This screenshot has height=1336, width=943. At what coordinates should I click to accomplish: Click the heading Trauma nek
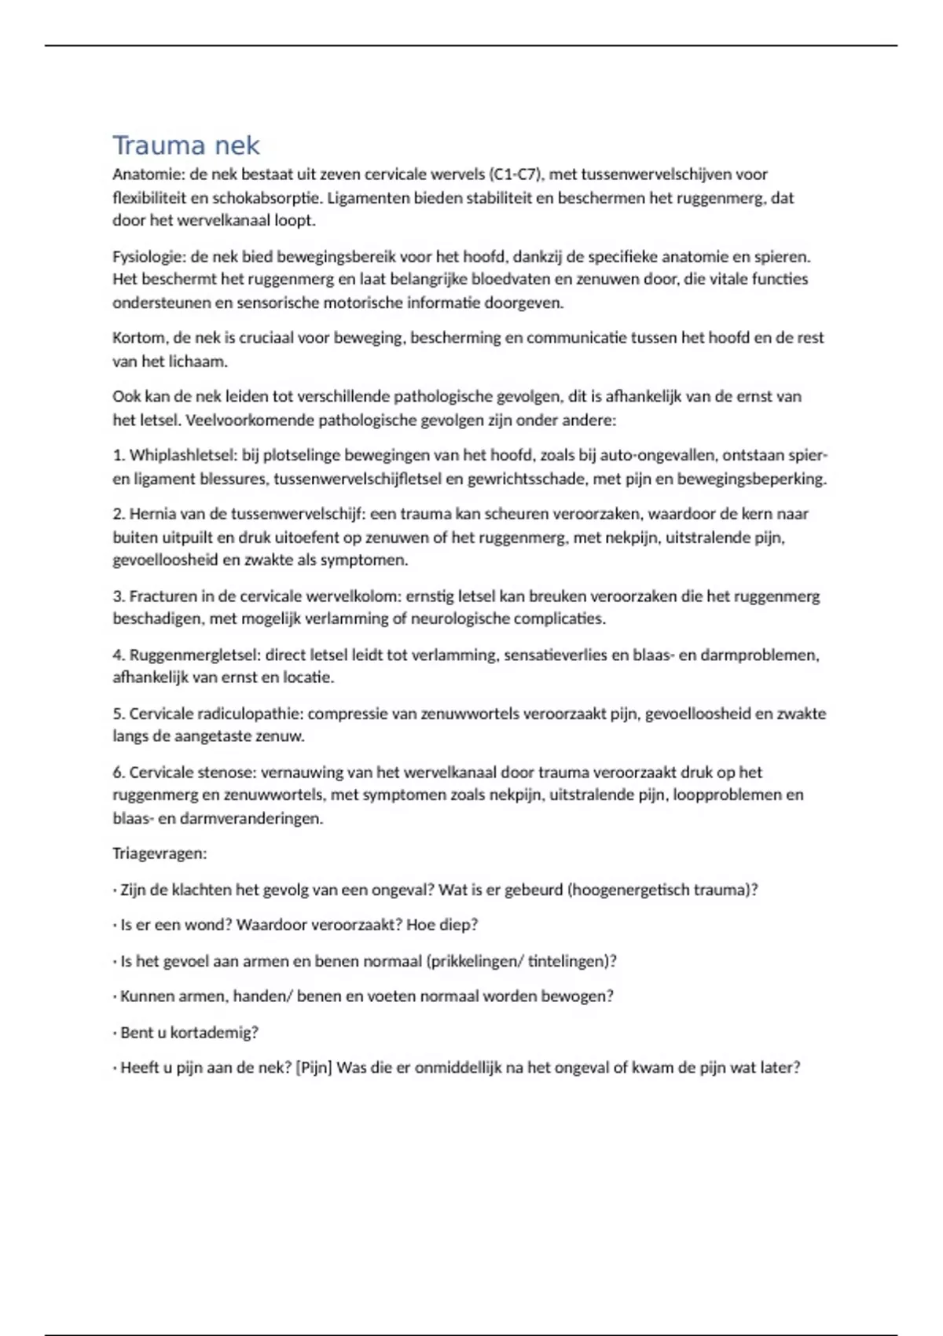pos(185,145)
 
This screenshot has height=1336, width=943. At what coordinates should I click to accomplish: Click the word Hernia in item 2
pos(152,514)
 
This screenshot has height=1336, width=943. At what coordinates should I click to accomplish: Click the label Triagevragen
pos(160,853)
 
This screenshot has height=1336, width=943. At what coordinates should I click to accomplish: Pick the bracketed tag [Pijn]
pos(314,1068)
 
